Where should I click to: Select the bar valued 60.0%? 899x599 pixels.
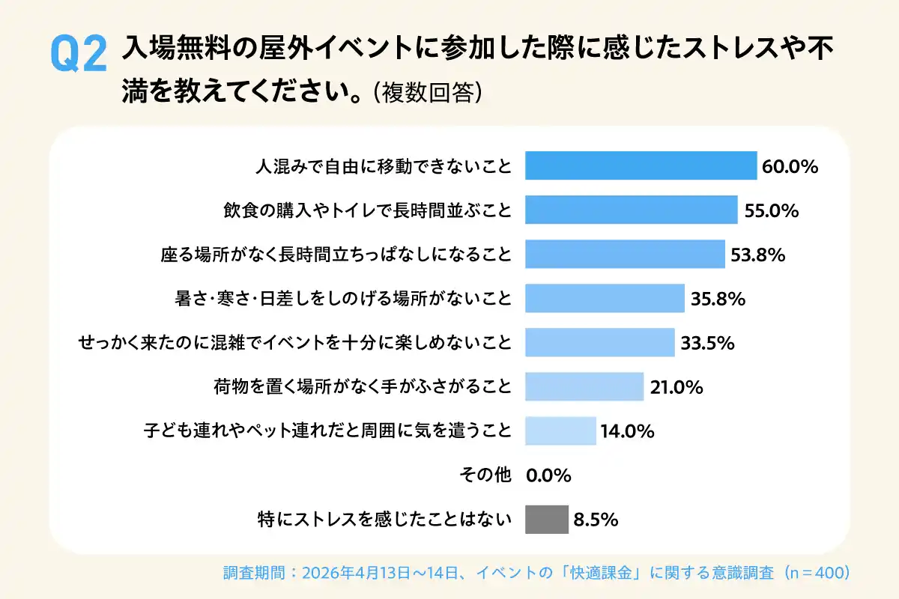[641, 165]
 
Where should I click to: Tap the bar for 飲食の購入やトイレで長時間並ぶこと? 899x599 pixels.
[631, 210]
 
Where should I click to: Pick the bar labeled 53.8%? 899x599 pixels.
[625, 254]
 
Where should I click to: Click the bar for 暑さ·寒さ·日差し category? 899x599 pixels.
[605, 298]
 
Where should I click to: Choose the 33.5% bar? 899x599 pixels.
[599, 342]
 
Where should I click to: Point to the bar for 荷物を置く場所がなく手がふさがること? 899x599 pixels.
[584, 386]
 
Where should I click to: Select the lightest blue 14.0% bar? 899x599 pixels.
[560, 431]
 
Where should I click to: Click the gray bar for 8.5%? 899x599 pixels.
[547, 519]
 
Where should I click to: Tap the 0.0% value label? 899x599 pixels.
[549, 475]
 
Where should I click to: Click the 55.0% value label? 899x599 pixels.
[772, 210]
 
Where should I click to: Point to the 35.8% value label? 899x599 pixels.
[718, 299]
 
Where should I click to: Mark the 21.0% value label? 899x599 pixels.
[676, 387]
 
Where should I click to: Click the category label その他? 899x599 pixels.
[485, 475]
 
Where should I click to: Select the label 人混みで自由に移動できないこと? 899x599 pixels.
[383, 166]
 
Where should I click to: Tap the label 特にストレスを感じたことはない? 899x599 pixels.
[383, 519]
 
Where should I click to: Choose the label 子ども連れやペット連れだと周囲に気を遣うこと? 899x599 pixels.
[327, 431]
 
